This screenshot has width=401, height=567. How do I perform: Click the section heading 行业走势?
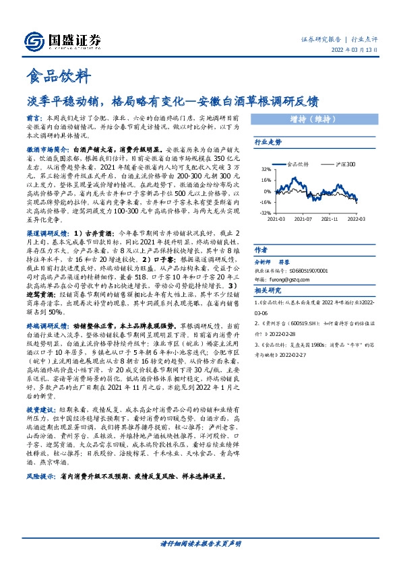268,143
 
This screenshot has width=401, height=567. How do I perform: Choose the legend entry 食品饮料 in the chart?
297,164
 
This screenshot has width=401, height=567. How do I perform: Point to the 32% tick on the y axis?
265,170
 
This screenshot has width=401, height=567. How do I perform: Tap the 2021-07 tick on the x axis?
304,219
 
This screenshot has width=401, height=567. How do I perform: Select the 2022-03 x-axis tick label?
357,219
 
